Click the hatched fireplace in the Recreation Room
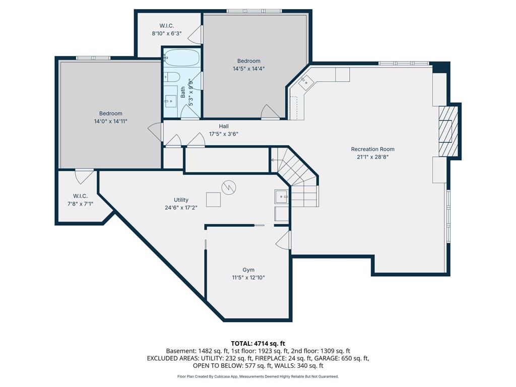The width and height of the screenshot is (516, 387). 448,131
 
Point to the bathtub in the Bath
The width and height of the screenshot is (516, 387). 182,57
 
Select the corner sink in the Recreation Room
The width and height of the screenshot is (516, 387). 305,82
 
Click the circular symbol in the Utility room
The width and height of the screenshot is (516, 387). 229,187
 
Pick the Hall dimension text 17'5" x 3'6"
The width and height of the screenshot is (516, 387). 224,134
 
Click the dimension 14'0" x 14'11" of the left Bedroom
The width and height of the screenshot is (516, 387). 110,121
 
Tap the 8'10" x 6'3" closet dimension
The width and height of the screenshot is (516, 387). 166,33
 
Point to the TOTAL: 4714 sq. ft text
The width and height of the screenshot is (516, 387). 258,344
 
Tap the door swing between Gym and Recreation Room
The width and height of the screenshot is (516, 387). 283,239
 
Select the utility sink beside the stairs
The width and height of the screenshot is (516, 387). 281,197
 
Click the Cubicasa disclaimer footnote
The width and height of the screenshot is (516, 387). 258,376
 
